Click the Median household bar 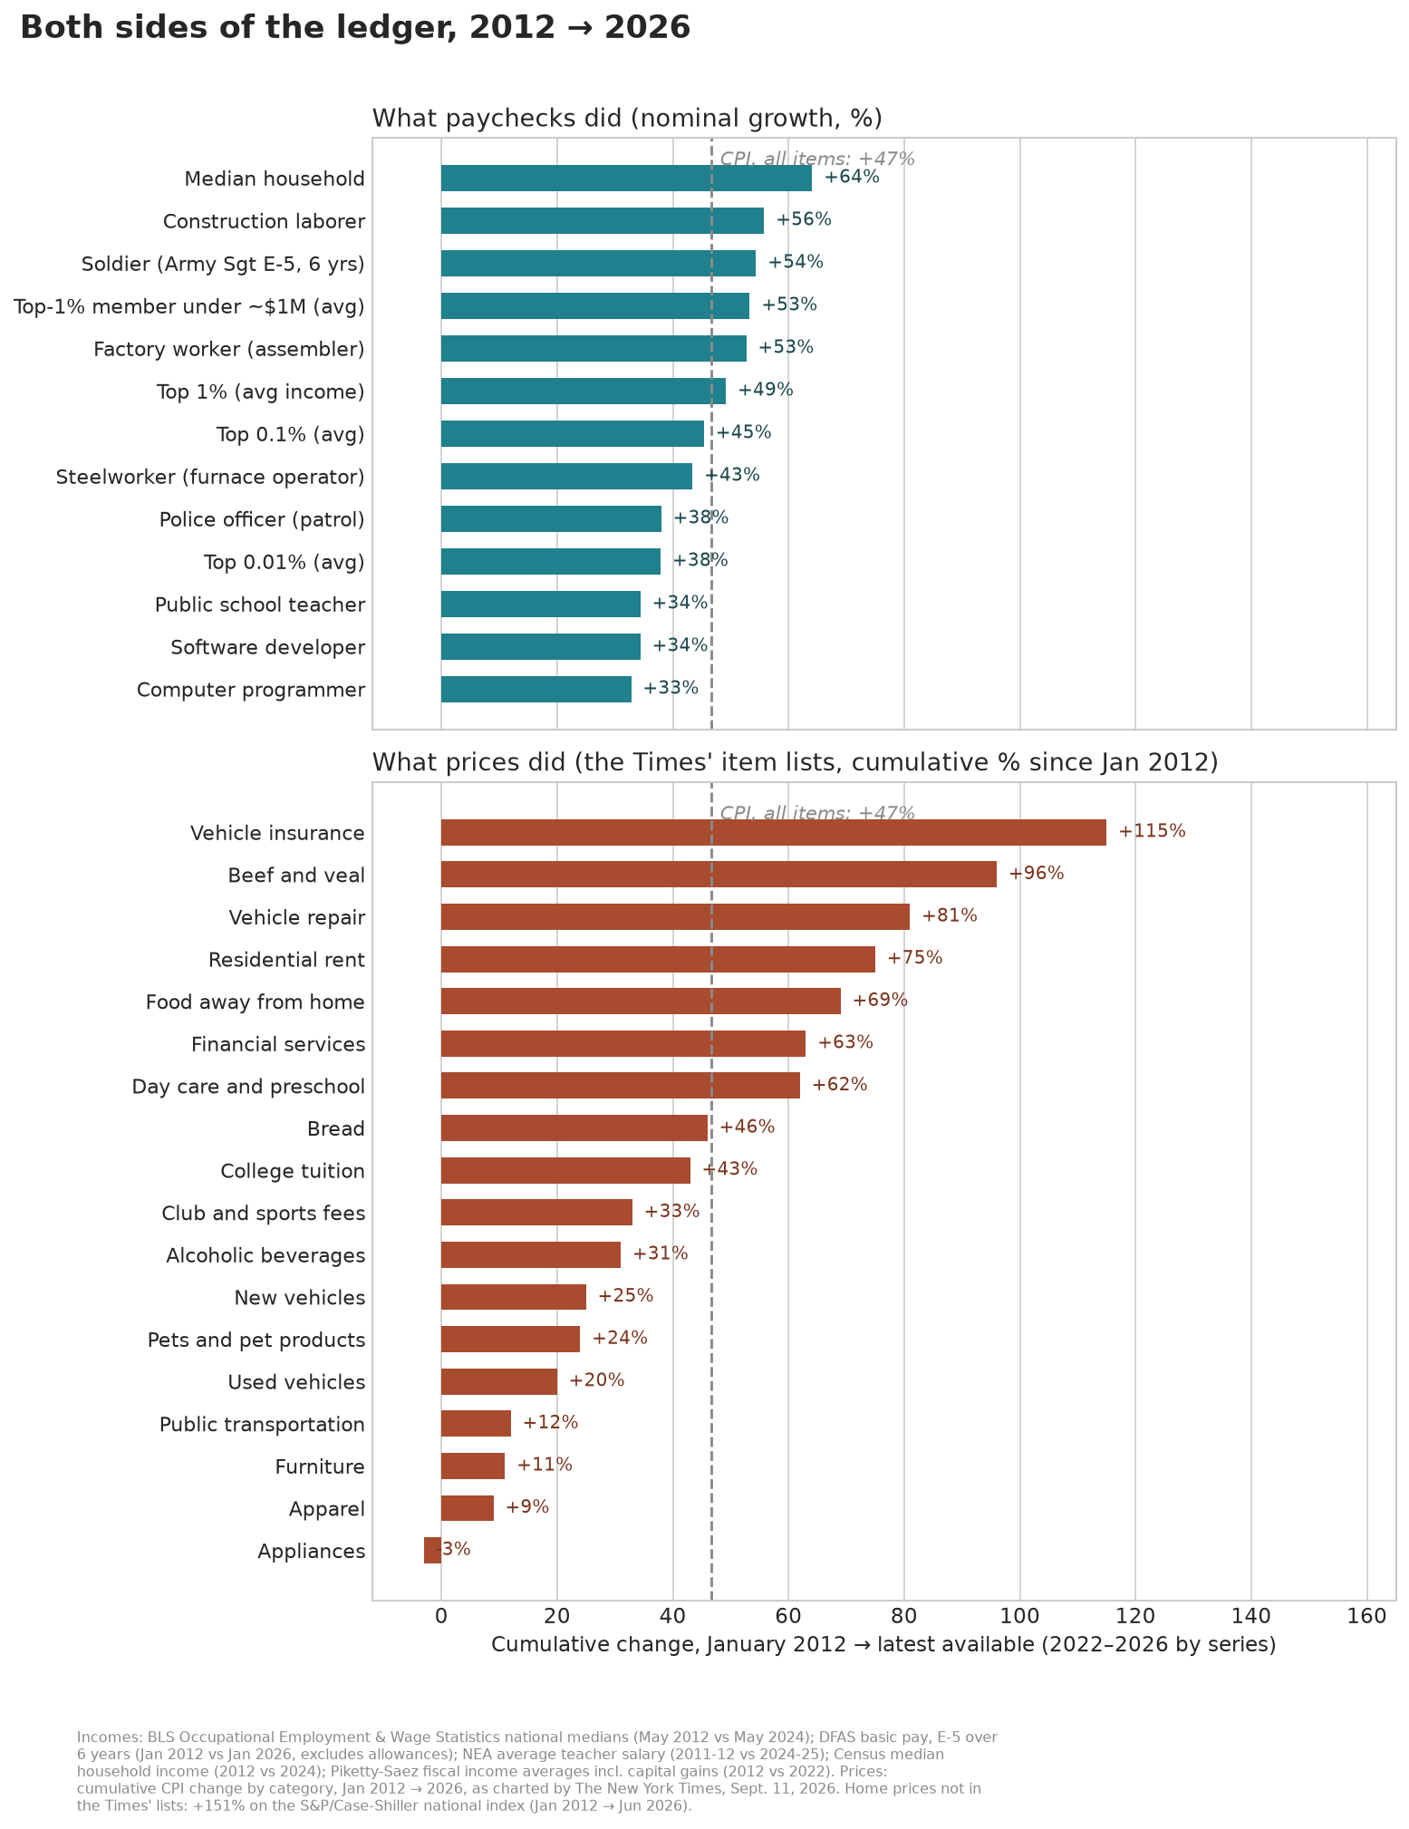626,179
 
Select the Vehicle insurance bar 774,832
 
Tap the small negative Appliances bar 432,1551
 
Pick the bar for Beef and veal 719,875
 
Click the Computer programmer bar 536,689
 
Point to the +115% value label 1152,831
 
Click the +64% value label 852,177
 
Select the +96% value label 1037,874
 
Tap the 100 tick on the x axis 1020,1616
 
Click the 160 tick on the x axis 1367,1616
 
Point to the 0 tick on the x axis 441,1616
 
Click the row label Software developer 268,647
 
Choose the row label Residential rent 286,960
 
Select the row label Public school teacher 260,605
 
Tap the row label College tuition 293,1171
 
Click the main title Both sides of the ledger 355,27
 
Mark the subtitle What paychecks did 627,119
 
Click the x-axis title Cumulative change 883,1644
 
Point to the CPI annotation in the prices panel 817,813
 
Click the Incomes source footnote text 537,1771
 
